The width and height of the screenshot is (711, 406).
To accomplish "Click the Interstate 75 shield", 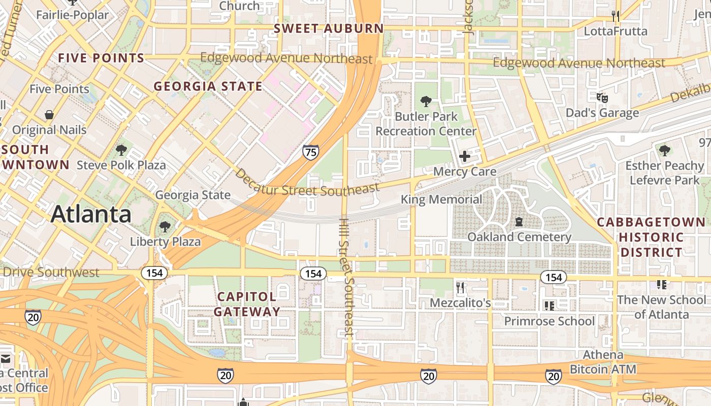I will (x=310, y=152).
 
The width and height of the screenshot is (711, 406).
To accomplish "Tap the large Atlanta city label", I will (x=91, y=214).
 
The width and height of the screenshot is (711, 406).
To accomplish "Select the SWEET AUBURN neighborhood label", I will (x=329, y=28).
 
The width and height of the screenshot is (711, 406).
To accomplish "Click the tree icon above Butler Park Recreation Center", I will (x=426, y=101).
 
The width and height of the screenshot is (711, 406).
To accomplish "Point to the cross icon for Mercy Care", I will (x=464, y=157).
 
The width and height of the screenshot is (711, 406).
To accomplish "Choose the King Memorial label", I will (x=441, y=199).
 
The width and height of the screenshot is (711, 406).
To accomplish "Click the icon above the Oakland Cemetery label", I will (x=519, y=222).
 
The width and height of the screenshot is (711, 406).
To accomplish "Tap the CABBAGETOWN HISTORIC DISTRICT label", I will (x=651, y=237).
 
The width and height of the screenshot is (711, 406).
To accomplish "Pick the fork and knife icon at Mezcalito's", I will (x=460, y=288).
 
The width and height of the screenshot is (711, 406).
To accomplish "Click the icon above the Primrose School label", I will (x=549, y=306).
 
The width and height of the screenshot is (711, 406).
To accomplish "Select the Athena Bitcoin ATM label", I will (x=603, y=362).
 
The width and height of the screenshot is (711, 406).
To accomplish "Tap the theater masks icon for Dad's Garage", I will (x=602, y=97).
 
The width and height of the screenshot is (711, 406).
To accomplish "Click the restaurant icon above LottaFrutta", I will (x=616, y=16).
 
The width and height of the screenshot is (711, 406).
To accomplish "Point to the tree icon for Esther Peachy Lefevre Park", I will (x=664, y=150).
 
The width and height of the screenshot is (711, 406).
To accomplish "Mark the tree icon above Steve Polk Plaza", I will (x=121, y=150).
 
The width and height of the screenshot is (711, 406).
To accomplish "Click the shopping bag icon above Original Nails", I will (x=49, y=115).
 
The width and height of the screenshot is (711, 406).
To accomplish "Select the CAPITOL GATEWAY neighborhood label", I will (x=247, y=304).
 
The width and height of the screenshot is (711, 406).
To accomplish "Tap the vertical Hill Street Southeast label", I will (x=346, y=278).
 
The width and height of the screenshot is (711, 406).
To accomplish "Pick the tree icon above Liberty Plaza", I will (x=165, y=226).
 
